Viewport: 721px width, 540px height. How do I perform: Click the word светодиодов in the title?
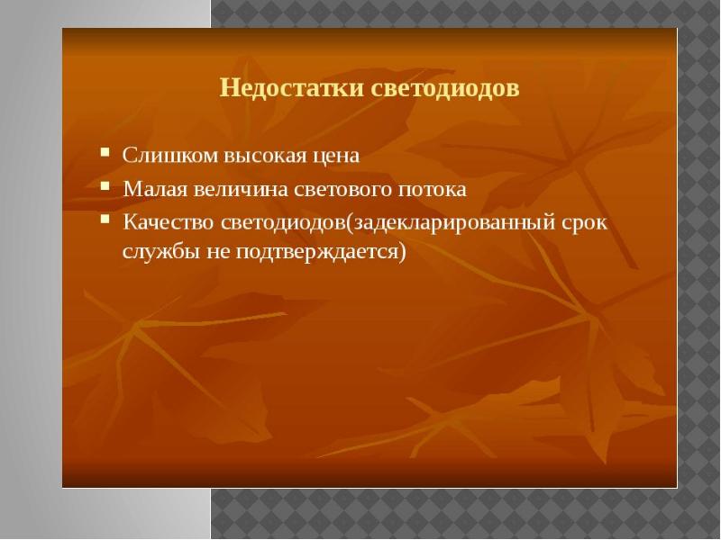coord(445,88)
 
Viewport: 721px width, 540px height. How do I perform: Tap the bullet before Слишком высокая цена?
coord(105,151)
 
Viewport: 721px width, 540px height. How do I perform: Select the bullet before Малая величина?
coord(105,185)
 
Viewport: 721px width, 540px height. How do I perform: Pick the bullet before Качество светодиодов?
coord(105,219)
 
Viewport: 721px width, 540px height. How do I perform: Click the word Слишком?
coord(169,155)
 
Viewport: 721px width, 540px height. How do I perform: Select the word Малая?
coord(154,189)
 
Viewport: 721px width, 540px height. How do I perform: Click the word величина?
coord(241,190)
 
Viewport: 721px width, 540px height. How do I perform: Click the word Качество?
coord(169,222)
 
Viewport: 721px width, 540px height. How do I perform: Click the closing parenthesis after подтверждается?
coord(403,253)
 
